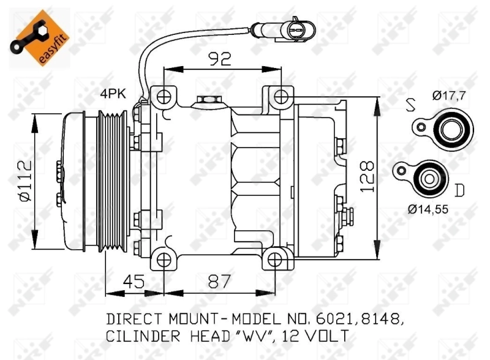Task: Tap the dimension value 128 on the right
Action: coord(367,177)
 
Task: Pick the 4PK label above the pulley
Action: coord(113,94)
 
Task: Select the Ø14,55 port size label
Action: coord(429,209)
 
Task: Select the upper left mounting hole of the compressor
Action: coord(163,97)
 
